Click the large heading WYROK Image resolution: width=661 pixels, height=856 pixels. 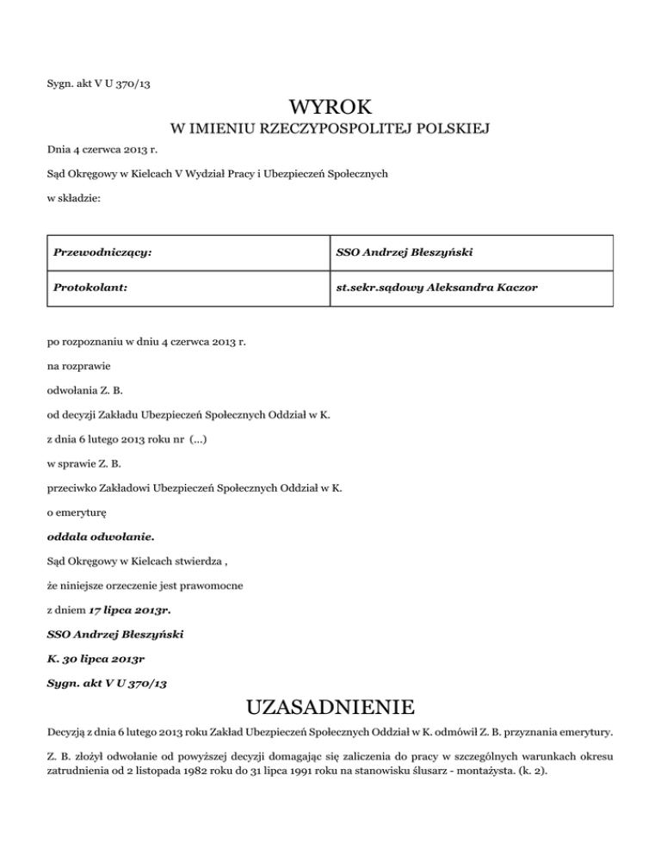coord(330,108)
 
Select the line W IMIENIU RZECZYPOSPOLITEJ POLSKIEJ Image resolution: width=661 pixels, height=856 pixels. coord(330,130)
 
